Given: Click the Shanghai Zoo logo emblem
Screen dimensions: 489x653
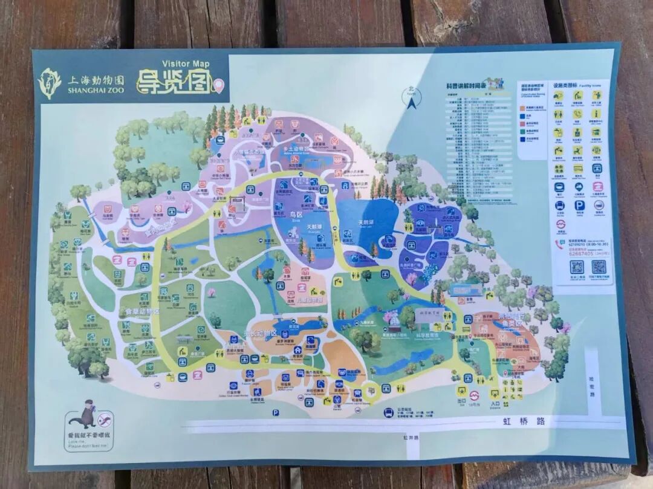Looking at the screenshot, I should pyautogui.click(x=50, y=83).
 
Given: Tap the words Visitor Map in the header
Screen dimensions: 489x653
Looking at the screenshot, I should pyautogui.click(x=184, y=63).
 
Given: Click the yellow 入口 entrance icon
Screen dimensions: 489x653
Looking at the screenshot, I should pyautogui.click(x=495, y=394).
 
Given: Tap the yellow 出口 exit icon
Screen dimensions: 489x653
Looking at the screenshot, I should pyautogui.click(x=461, y=395).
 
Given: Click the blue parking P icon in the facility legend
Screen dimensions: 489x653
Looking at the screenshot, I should pyautogui.click(x=579, y=206).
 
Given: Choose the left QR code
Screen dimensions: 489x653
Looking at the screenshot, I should pyautogui.click(x=576, y=266).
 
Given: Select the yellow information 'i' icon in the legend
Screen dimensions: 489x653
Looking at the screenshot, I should pyautogui.click(x=597, y=114).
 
